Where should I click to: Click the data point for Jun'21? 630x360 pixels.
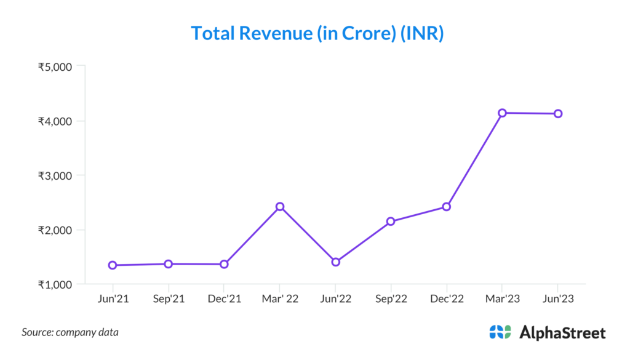click(x=113, y=265)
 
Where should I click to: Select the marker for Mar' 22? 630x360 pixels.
click(x=280, y=207)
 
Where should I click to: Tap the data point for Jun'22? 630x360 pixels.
click(x=335, y=262)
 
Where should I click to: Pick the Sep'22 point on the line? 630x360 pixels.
click(x=391, y=221)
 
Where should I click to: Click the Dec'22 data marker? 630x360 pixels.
click(x=447, y=207)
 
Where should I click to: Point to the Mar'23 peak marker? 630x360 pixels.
click(x=502, y=113)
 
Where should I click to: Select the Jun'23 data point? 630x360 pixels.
click(x=558, y=113)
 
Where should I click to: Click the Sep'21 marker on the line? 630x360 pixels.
click(x=169, y=264)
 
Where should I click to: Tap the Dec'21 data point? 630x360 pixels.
click(x=224, y=264)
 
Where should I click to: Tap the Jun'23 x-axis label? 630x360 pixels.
click(x=557, y=299)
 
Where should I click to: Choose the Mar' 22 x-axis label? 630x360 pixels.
click(x=280, y=299)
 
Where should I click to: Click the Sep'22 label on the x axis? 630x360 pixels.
click(x=391, y=299)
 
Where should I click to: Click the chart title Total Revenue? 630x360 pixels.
click(x=317, y=33)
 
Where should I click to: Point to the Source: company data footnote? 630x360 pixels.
click(x=70, y=332)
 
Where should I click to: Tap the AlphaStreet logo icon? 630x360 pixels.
click(x=500, y=332)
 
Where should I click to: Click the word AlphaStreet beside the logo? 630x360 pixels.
click(x=562, y=333)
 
